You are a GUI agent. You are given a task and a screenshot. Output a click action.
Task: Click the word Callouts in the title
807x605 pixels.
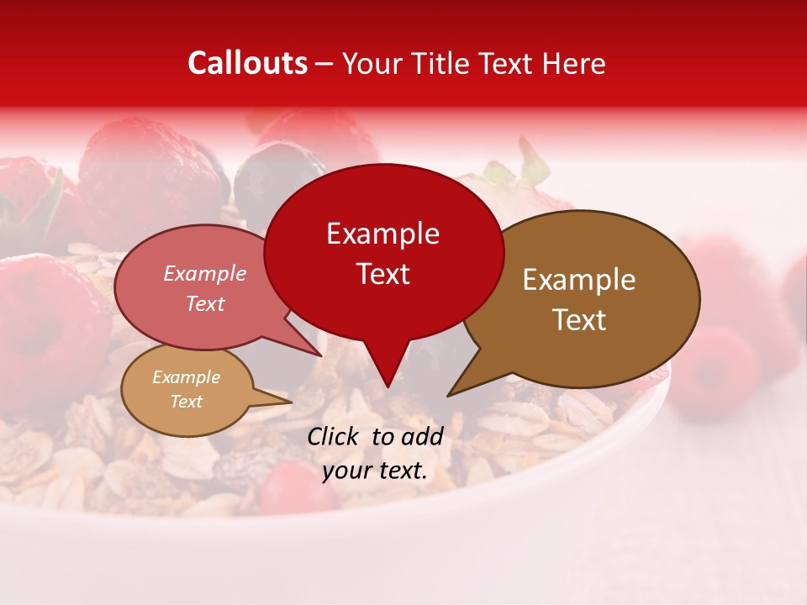tap(247, 63)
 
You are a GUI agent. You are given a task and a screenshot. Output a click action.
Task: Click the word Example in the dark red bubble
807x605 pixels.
tap(382, 234)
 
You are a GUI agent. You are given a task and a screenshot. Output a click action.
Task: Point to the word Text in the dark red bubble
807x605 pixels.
tap(382, 274)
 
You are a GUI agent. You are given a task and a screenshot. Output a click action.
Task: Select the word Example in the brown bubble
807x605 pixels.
tap(579, 280)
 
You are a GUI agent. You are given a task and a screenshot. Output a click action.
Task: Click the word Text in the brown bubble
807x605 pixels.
tap(579, 320)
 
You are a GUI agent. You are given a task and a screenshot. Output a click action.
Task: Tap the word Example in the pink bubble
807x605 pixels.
tap(204, 273)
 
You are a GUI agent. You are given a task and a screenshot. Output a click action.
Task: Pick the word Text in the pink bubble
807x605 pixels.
tap(204, 303)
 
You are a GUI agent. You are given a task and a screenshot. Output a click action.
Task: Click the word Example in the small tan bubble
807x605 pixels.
tap(186, 377)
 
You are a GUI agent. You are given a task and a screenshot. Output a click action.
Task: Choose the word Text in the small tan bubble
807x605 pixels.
tap(186, 402)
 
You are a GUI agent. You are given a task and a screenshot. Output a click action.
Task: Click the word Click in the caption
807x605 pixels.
tap(334, 435)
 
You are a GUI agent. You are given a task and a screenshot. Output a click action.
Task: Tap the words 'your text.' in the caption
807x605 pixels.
tap(375, 471)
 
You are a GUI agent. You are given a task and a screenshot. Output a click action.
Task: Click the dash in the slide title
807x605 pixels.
tap(324, 64)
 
